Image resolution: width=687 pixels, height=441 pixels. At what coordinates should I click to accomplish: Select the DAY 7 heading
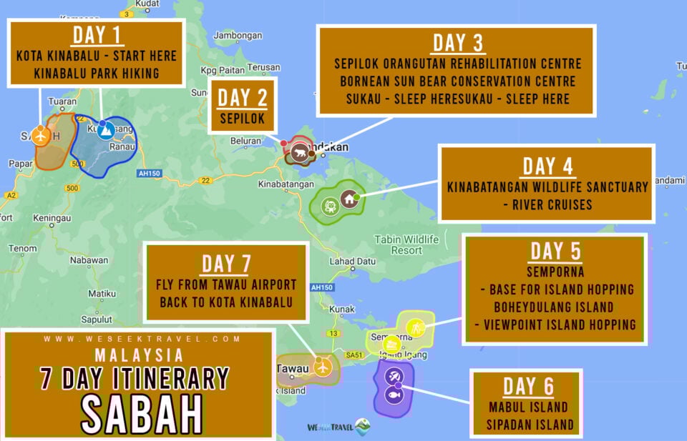pyautogui.click(x=225, y=263)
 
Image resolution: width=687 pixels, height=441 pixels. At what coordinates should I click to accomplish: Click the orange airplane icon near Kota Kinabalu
pyautogui.click(x=41, y=135)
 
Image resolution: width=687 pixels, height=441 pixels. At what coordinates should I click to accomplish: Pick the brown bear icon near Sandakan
pyautogui.click(x=299, y=152)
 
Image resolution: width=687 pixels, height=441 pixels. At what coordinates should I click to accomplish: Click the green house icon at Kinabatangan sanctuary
pyautogui.click(x=349, y=199)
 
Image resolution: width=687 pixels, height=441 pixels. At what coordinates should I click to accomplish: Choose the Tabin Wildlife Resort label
pyautogui.click(x=406, y=244)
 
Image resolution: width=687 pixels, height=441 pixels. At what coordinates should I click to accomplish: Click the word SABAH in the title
pyautogui.click(x=141, y=412)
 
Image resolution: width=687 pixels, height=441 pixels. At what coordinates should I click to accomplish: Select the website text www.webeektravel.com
pyautogui.click(x=141, y=339)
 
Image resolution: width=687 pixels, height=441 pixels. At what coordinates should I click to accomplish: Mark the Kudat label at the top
pyautogui.click(x=147, y=3)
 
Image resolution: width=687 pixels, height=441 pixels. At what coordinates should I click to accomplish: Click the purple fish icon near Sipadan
pyautogui.click(x=394, y=395)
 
